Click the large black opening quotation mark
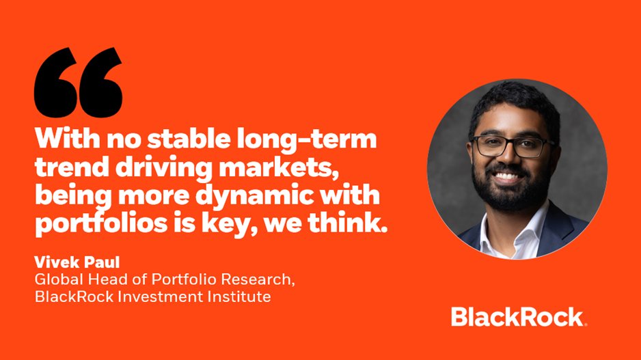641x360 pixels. pos(78,82)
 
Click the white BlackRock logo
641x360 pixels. pos(518,317)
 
